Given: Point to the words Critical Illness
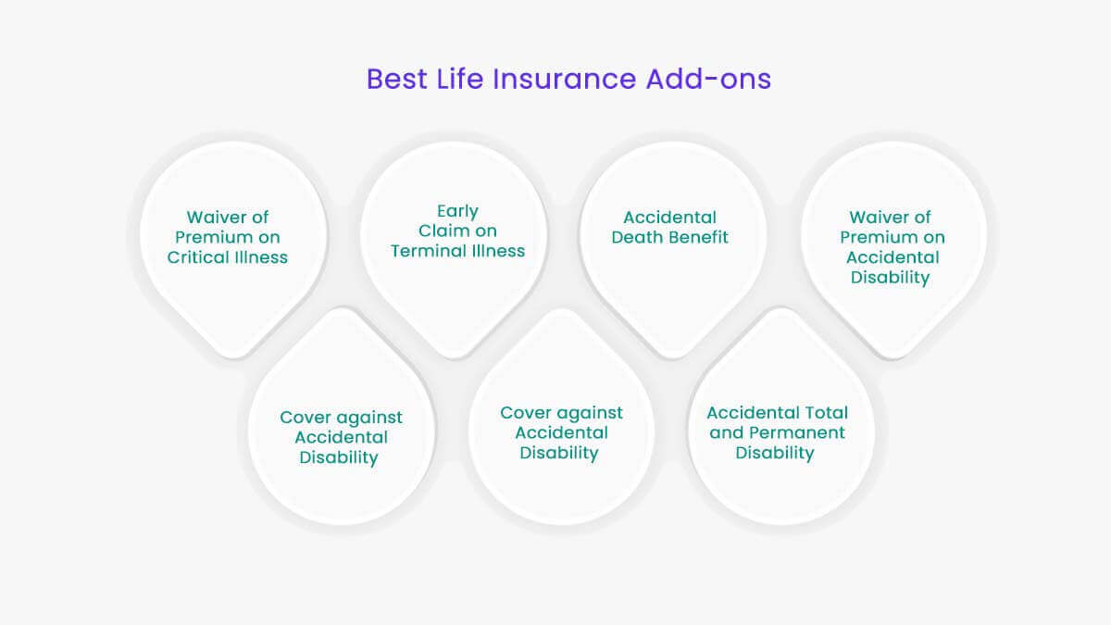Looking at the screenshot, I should (228, 257).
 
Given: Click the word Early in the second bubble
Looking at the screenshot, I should (457, 211).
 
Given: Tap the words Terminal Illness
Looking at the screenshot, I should (457, 251).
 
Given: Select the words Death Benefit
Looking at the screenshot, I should (669, 237).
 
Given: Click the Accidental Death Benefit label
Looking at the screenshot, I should (669, 227).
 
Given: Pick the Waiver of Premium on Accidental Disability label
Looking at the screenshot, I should (893, 247).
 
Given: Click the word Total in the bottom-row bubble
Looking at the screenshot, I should (825, 412).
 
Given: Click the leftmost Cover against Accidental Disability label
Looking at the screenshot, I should (342, 437).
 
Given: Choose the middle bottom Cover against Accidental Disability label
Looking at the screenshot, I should (561, 432).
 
